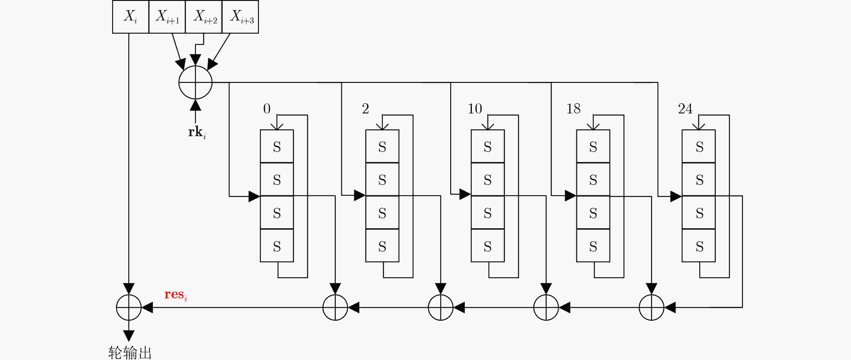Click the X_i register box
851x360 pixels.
(131, 17)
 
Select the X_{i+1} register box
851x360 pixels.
(167, 17)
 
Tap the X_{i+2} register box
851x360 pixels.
(204, 17)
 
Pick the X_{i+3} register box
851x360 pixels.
(240, 17)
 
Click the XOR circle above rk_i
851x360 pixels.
(195, 82)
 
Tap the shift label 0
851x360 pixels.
(267, 109)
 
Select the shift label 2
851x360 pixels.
(365, 109)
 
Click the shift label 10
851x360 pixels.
(475, 109)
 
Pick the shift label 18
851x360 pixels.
(573, 109)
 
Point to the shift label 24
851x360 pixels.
(685, 109)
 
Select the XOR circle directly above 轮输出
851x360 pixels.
(129, 308)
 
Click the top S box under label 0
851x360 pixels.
(277, 146)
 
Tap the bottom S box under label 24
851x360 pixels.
(699, 245)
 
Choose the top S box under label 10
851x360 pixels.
(488, 146)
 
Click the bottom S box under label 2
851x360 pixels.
(382, 245)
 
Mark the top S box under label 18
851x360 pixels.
(593, 146)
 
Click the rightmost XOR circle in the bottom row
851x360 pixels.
(652, 308)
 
